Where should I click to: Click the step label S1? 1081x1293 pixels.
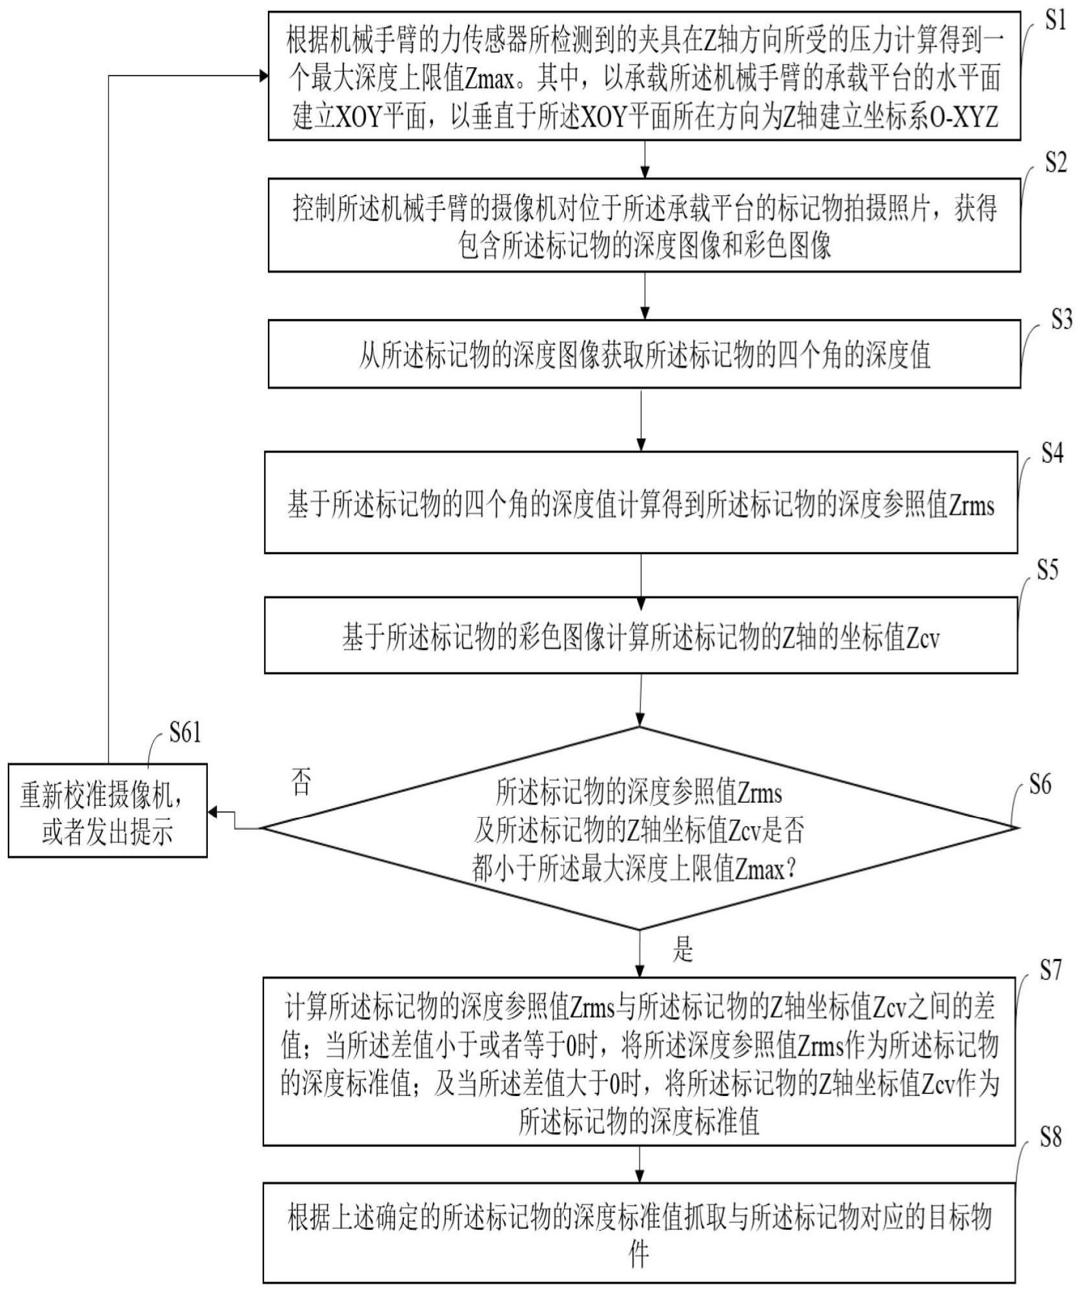[1055, 22]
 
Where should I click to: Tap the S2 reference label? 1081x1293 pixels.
[1056, 163]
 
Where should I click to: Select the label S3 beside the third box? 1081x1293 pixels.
[1062, 319]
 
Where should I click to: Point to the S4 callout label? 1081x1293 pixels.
[1052, 453]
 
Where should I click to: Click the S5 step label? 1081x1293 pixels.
[1047, 570]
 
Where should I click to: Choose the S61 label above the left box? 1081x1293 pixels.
[185, 733]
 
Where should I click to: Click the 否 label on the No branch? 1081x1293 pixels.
[301, 781]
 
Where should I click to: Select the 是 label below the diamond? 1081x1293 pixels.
[682, 949]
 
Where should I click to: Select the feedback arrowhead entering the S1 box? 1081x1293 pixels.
[263, 76]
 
